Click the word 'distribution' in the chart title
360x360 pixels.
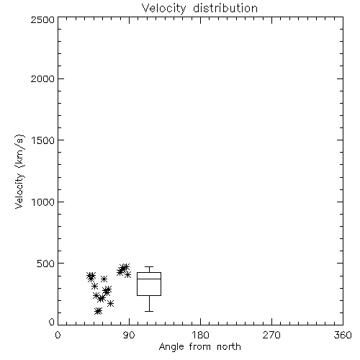225,8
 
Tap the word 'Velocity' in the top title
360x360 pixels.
164,9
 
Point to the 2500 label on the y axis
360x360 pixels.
42,19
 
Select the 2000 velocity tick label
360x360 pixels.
42,78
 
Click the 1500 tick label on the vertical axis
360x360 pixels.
43,140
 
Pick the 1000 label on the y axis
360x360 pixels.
43,202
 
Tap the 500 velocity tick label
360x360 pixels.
46,264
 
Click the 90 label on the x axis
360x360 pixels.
130,335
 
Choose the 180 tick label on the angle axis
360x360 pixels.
200,335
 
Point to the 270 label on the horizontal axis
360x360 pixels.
271,335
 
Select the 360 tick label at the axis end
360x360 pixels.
343,335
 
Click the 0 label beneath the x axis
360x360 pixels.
58,335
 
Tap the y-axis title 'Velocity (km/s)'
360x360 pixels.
19,171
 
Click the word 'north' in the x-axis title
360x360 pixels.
229,347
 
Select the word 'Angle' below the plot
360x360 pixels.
171,347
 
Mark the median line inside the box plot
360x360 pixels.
149,279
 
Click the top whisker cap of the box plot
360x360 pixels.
149,266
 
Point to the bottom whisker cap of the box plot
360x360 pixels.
149,311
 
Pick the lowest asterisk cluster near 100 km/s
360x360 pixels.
98,311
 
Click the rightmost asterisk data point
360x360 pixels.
127,274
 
